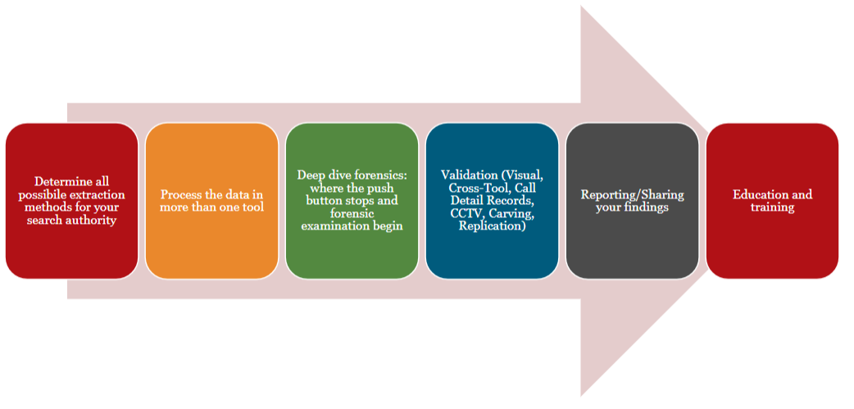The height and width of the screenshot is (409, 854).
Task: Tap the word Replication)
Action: point(492,225)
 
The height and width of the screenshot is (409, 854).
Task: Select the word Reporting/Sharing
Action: point(632,194)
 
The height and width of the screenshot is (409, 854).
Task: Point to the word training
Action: point(772,207)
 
